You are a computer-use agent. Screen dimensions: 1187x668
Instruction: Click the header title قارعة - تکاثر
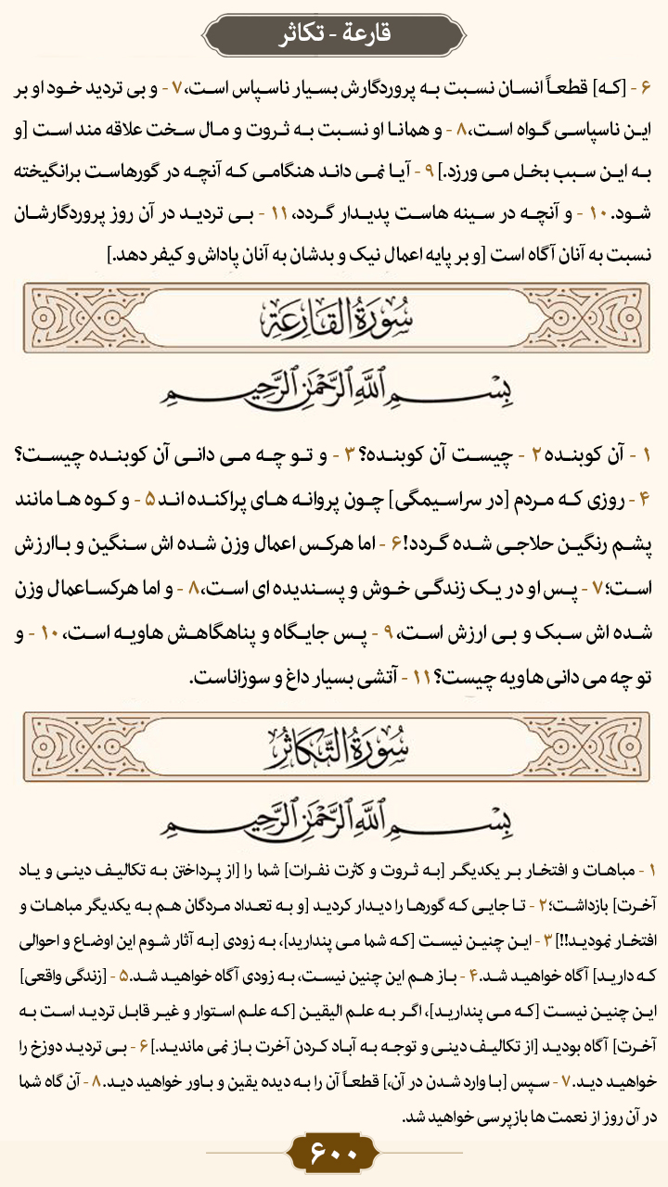pos(334,34)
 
